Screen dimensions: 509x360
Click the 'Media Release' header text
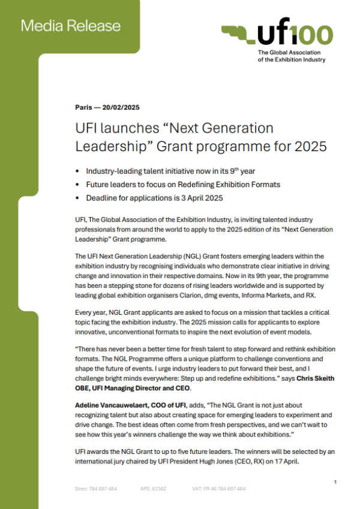[70, 26]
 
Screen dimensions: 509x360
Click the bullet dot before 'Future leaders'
[78, 184]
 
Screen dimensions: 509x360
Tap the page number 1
[335, 482]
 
